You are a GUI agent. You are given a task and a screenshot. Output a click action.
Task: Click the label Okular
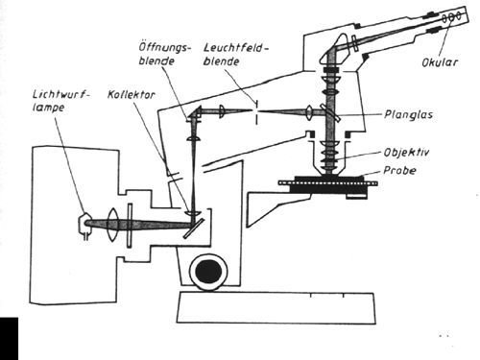click(x=440, y=62)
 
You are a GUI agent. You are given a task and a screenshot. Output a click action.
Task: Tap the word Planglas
click(x=409, y=114)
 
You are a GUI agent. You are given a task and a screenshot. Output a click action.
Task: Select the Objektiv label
click(x=406, y=153)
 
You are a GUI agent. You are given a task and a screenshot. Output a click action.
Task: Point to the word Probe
click(x=399, y=171)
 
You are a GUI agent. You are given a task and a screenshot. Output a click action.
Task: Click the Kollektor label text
click(x=131, y=95)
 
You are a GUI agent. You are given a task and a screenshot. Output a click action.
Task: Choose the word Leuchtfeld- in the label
click(x=236, y=49)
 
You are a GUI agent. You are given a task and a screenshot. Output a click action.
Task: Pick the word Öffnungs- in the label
click(x=164, y=48)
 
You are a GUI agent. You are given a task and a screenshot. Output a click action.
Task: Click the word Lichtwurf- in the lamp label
click(x=61, y=95)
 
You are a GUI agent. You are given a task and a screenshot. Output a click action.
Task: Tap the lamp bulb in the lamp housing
click(x=84, y=224)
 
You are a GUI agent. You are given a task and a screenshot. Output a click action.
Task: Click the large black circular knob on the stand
click(x=208, y=272)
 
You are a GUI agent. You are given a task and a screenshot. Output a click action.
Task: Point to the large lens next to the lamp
click(x=113, y=224)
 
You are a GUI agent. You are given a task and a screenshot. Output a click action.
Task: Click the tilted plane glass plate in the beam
click(x=331, y=112)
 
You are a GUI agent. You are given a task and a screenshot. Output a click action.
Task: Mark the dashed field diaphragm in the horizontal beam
click(x=256, y=112)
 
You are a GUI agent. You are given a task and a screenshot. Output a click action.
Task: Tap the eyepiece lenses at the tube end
click(x=451, y=17)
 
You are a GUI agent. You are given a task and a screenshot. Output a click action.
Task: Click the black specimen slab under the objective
click(x=329, y=178)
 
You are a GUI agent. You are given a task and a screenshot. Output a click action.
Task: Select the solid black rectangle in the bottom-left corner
click(x=9, y=339)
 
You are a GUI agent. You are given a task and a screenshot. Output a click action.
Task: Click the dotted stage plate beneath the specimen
click(x=328, y=183)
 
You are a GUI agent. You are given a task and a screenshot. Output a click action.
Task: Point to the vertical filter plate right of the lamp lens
click(x=130, y=226)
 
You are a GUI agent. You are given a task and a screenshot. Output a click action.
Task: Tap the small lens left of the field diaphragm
click(x=222, y=111)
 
